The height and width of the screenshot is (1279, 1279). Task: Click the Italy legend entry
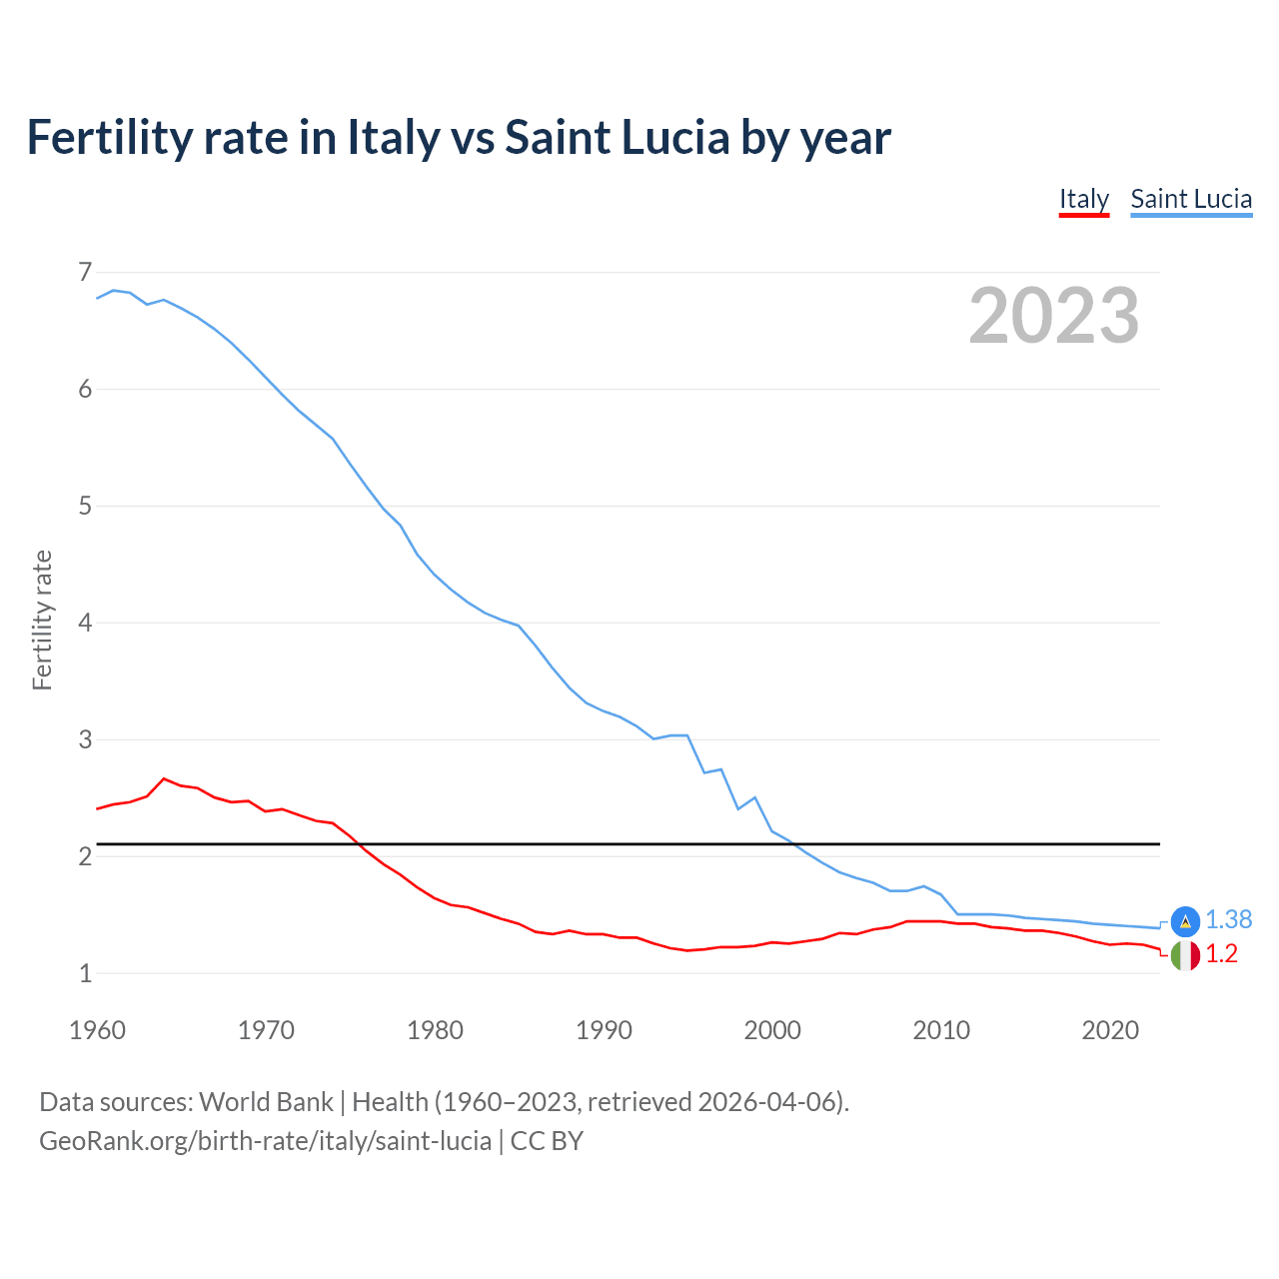coord(1084,199)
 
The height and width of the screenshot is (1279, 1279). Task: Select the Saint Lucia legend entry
coord(1191,199)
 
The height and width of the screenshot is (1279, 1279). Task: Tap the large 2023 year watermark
coord(1054,316)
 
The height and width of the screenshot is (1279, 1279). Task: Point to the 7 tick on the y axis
coord(85,272)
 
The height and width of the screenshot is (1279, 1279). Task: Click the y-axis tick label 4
coord(85,623)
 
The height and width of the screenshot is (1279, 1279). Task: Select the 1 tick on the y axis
coord(85,973)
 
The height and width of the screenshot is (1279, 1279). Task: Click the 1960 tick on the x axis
coord(97,1030)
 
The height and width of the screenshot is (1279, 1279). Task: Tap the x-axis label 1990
coord(604,1030)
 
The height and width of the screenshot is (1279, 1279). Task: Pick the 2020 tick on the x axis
coord(1110,1030)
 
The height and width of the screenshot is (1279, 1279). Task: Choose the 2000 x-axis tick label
coord(772,1030)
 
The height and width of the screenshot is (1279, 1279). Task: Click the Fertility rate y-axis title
coord(42,620)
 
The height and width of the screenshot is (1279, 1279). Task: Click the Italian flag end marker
coord(1185,955)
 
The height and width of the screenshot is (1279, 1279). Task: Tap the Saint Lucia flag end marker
coord(1185,921)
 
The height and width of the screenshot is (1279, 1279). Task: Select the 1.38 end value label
coord(1228,920)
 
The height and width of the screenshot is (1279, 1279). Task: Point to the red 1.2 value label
coord(1221,954)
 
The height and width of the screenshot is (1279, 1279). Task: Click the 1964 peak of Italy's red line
coord(164,778)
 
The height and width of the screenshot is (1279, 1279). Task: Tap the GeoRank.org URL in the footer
coord(265,1141)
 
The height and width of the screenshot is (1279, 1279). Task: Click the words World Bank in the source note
coord(266,1102)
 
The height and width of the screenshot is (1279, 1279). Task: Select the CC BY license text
coord(547,1141)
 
